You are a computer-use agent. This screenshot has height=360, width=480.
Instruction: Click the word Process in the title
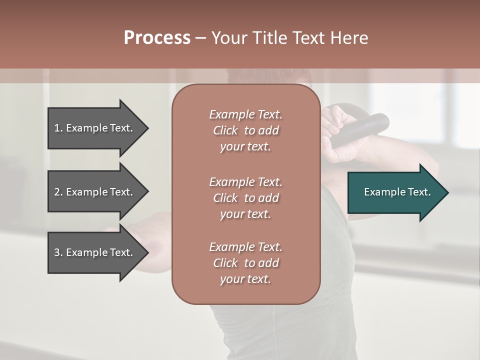click(157, 38)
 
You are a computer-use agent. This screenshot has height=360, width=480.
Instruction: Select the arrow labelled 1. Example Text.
click(95, 128)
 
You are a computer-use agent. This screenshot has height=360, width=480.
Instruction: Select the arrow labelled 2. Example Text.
click(95, 192)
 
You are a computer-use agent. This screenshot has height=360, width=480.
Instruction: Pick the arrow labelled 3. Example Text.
click(95, 252)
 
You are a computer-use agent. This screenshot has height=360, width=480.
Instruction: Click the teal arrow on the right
click(395, 192)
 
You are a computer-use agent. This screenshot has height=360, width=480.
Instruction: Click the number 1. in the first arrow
click(58, 128)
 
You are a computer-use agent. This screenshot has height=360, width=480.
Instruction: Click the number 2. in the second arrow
click(58, 192)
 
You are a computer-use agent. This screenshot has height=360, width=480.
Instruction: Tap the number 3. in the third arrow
click(58, 252)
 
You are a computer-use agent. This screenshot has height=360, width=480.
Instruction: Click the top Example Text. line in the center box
click(245, 114)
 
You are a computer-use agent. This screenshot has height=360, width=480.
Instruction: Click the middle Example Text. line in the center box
click(245, 181)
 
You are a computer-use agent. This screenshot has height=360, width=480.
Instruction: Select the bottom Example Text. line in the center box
click(245, 247)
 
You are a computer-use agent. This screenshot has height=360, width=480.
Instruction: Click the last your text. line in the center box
click(245, 279)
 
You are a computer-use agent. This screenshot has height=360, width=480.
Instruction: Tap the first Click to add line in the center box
click(245, 130)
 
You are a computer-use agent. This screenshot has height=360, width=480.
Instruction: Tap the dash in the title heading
click(200, 38)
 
